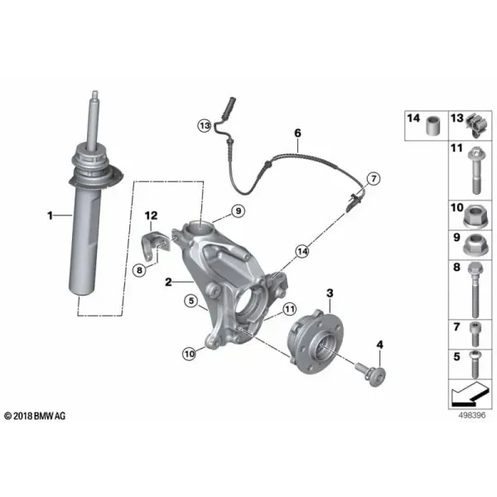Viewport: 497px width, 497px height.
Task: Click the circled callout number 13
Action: (x=205, y=126)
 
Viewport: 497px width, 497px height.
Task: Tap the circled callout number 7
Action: (x=374, y=179)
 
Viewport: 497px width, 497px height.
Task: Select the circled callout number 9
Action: (x=238, y=210)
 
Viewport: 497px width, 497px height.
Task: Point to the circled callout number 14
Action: (x=302, y=252)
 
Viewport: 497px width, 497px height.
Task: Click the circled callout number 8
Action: (x=139, y=270)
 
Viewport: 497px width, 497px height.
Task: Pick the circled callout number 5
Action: (x=191, y=301)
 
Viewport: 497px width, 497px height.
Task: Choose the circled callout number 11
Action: (x=289, y=309)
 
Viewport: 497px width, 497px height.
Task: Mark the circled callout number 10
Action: (x=189, y=354)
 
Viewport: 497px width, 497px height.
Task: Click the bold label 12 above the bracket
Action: (x=152, y=216)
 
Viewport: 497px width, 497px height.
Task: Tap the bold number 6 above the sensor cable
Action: (x=297, y=133)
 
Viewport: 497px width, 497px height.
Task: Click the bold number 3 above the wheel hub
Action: (x=330, y=293)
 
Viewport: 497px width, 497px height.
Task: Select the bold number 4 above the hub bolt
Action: (x=379, y=345)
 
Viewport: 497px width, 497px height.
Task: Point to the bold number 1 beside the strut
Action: (x=50, y=215)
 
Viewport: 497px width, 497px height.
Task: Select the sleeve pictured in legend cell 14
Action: (x=433, y=126)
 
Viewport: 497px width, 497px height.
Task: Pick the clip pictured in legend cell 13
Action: (x=476, y=125)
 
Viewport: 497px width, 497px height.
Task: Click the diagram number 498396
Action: (x=472, y=415)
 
